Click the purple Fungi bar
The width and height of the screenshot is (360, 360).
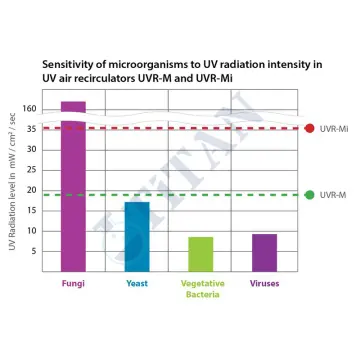click(x=73, y=190)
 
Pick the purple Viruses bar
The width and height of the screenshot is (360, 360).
click(x=265, y=252)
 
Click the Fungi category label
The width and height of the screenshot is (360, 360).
click(x=73, y=284)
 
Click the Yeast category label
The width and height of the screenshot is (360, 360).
click(x=137, y=284)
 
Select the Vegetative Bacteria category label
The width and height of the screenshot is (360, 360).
click(x=201, y=289)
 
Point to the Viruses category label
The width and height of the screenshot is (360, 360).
click(x=265, y=284)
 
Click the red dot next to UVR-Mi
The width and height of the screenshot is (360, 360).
click(x=309, y=128)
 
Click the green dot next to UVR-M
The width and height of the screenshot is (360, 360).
click(x=309, y=195)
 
